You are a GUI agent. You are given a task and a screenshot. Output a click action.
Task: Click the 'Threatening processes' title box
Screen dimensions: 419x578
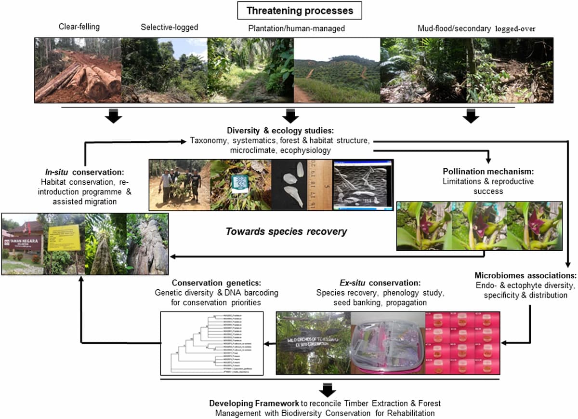300,10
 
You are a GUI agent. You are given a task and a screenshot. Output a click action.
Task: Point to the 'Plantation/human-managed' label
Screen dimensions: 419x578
297,29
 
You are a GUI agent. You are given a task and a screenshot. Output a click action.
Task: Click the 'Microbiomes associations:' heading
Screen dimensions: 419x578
525,276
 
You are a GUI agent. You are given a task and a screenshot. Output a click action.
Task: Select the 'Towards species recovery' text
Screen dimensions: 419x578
286,231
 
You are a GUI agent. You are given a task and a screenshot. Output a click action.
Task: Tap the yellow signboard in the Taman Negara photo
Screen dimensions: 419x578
64,238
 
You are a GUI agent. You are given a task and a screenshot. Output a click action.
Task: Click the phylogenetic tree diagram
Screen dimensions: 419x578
211,343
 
